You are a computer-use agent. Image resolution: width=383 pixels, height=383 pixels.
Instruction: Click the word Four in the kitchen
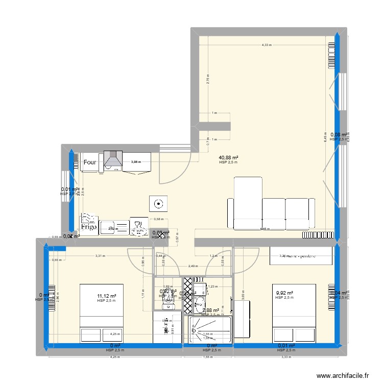coord(90,162)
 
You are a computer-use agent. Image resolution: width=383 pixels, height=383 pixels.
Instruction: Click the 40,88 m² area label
coord(229,158)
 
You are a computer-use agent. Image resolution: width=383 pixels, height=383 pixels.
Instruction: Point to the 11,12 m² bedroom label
coord(107,296)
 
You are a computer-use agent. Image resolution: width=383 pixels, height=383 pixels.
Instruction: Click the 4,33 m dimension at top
coord(267,45)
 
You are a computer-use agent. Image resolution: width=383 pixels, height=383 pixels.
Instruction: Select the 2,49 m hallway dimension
coord(193,266)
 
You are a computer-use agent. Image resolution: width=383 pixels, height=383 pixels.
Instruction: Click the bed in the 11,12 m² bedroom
coord(102,313)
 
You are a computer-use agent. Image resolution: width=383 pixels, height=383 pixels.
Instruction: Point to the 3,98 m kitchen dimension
coord(135,162)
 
